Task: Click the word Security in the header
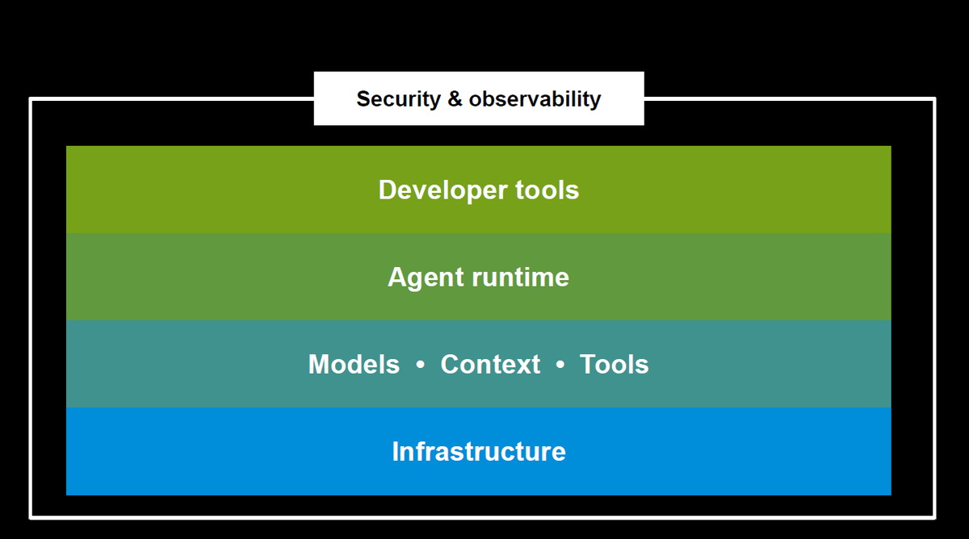pos(398,100)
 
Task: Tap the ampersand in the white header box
pos(454,99)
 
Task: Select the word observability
pos(535,100)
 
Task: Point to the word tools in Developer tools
pos(547,190)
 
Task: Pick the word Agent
pos(426,278)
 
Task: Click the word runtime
pos(520,278)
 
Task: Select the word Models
pos(354,365)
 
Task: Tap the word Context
pos(490,365)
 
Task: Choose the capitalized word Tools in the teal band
pos(615,365)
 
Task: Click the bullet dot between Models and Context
pos(420,365)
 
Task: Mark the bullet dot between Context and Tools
pos(560,365)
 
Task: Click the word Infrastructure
pos(479,452)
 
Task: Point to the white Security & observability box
pos(479,98)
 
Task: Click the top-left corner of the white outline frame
pos(31,99)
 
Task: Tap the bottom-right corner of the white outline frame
pos(935,517)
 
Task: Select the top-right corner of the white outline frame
pos(935,99)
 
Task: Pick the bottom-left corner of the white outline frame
pos(31,517)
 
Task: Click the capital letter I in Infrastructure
pos(395,452)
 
